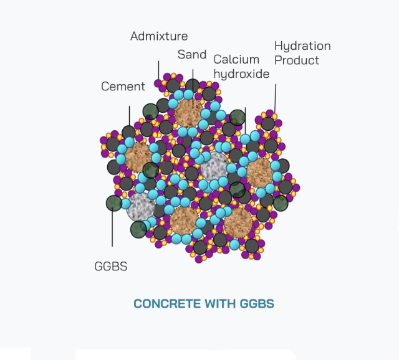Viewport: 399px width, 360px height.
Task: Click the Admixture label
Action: (158, 36)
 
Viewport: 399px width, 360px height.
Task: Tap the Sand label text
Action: (191, 55)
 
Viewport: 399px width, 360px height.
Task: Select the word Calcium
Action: (236, 59)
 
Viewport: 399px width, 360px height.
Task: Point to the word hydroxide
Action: (241, 73)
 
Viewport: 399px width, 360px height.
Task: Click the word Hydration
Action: (302, 46)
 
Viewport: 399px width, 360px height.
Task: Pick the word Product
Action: (296, 60)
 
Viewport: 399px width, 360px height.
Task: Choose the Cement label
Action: (123, 87)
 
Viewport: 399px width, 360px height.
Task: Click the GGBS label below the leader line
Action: (110, 266)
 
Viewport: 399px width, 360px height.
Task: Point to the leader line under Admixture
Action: (158, 70)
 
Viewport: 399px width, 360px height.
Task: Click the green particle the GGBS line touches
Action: (113, 203)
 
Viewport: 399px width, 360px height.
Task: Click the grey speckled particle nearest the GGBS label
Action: (140, 207)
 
